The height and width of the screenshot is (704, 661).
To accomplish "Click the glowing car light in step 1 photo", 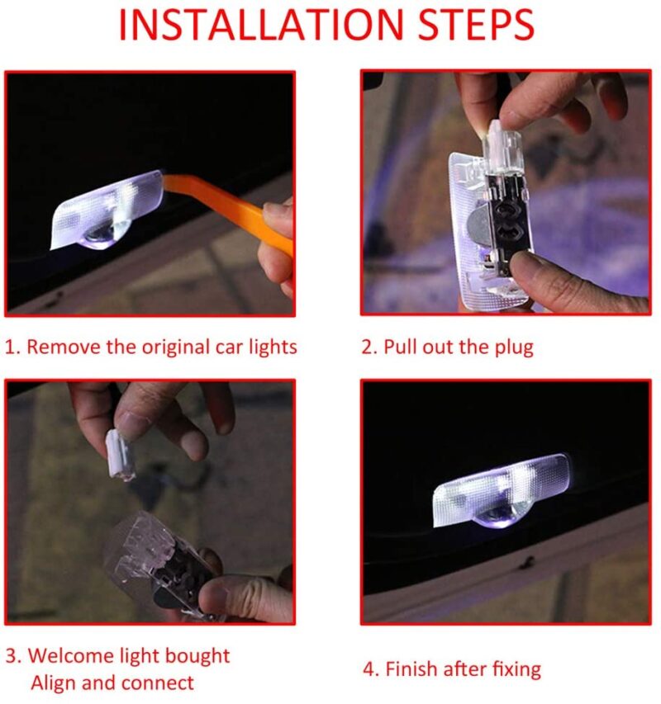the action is click(x=107, y=210).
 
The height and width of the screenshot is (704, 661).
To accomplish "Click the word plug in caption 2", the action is click(x=514, y=348).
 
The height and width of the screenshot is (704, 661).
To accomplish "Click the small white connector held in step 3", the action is click(x=121, y=455).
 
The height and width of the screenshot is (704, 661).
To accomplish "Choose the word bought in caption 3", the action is click(x=197, y=656).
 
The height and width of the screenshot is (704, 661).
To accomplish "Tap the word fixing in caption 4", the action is click(x=516, y=670).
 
